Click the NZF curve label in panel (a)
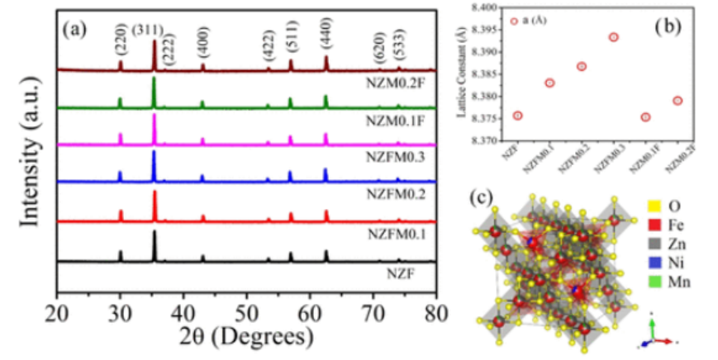click(x=405, y=272)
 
